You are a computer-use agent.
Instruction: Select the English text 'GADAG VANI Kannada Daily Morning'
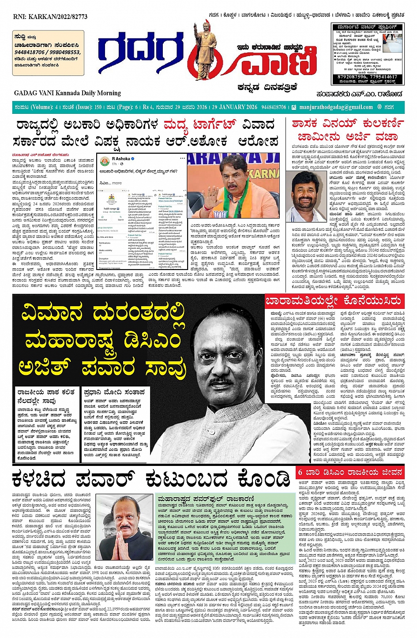tap(67, 93)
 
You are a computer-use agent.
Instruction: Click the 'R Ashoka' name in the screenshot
tap(121, 158)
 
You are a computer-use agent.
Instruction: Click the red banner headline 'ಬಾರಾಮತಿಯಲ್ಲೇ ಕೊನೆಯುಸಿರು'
tap(333, 301)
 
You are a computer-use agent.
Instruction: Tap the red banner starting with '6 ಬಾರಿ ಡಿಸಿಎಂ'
tap(349, 472)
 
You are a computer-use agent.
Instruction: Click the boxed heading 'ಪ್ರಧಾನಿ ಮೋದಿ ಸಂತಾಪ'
tap(114, 392)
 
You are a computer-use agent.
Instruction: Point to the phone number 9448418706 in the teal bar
tap(274, 107)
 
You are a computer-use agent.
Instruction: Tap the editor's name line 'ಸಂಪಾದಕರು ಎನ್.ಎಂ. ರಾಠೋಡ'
tap(359, 94)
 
